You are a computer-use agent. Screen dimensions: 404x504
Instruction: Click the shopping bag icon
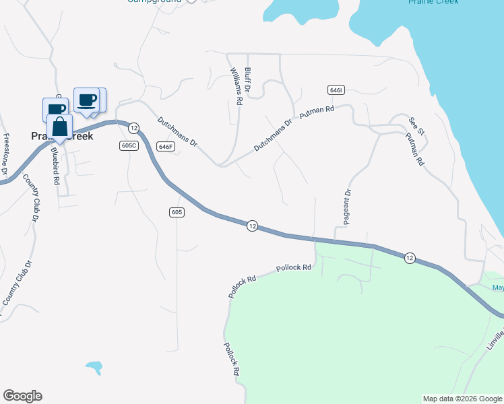pos(59,127)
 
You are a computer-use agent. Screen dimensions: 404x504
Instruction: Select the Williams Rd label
pos(236,86)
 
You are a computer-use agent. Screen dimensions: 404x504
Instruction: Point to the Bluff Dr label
pos(248,79)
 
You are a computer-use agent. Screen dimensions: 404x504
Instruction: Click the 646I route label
pos(337,90)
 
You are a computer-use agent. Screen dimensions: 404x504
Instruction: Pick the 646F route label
pos(165,146)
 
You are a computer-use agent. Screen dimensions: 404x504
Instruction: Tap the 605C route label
pos(129,145)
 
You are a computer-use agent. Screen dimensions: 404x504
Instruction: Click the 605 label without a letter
pos(177,212)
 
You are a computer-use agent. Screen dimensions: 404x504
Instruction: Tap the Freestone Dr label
pos(5,153)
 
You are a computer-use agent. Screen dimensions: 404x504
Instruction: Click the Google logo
pos(22,396)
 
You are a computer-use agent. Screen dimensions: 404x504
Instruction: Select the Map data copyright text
pos(462,399)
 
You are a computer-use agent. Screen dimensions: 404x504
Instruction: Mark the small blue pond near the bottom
pos(94,368)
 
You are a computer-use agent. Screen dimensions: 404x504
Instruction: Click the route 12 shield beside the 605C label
pos(133,128)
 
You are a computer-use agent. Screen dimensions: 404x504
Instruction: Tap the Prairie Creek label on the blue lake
pos(433,2)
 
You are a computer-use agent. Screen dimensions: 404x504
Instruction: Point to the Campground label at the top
pos(154,1)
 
